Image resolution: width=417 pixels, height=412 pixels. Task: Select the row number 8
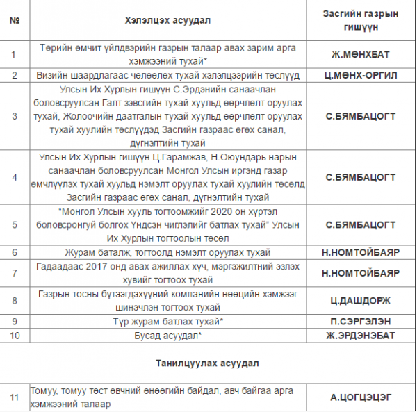click(14, 300)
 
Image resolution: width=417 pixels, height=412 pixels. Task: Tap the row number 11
click(14, 397)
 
